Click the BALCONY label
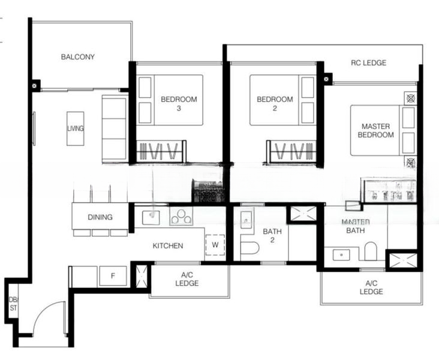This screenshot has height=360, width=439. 78,57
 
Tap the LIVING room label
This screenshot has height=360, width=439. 76,128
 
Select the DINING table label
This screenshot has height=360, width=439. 100,217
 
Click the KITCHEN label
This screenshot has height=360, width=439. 168,245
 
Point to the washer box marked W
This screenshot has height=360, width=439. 215,245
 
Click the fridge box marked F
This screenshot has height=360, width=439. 113,276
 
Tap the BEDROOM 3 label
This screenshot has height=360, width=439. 179,103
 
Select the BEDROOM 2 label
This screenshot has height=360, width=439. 275,103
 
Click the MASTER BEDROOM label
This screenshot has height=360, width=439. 375,131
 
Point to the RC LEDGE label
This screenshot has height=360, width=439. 368,63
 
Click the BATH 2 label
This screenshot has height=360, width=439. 272,236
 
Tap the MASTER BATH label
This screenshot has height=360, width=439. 356,226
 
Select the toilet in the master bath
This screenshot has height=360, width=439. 371,251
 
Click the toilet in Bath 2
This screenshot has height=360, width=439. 249,248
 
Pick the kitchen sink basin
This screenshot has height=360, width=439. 151,218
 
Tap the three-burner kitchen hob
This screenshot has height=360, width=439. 181,216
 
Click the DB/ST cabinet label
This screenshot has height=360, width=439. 13,304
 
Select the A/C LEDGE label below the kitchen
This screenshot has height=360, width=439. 187,279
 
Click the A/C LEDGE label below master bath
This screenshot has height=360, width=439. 371,287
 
